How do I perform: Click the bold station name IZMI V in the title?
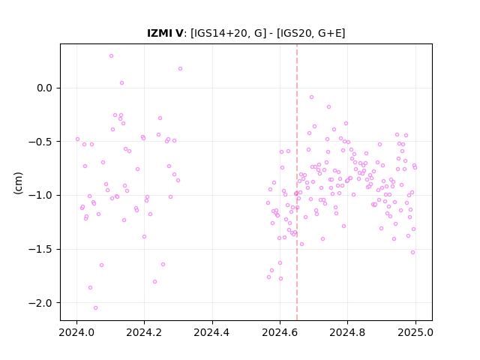(165, 33)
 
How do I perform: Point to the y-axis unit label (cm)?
(18, 183)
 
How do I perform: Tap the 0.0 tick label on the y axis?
(45, 88)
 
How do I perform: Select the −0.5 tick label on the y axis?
(40, 142)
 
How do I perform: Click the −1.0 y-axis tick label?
(40, 195)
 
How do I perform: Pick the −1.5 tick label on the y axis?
(40, 249)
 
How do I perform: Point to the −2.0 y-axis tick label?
(40, 303)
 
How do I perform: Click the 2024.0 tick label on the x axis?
(76, 332)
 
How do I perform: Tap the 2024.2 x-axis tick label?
(144, 332)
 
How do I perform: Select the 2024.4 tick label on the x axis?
(211, 332)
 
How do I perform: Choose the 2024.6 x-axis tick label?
(280, 332)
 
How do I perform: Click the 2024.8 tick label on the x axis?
(347, 332)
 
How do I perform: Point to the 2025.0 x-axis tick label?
(415, 332)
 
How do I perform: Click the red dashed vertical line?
(297, 182)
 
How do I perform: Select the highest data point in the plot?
(112, 56)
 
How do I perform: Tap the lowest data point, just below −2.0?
(95, 308)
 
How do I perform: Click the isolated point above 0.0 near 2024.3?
(180, 69)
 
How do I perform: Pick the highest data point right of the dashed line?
(312, 97)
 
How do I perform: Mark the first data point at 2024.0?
(77, 139)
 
